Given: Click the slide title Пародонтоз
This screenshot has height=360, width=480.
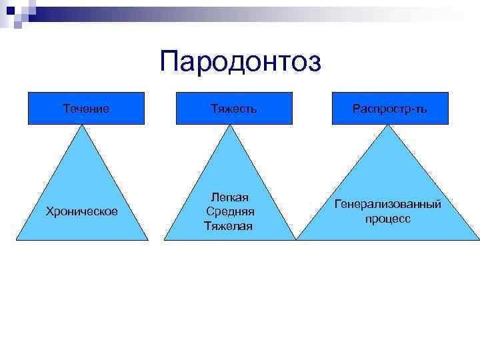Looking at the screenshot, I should (240, 62).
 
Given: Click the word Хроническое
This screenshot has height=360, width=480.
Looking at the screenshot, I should (81, 211).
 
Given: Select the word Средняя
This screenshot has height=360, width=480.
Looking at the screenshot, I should (230, 211).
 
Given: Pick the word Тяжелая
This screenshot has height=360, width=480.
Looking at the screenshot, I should (228, 226).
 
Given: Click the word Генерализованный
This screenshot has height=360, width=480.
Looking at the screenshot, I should (387, 204).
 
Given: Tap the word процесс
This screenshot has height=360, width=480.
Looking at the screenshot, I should (387, 219).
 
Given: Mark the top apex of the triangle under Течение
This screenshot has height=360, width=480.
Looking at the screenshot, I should (83, 126).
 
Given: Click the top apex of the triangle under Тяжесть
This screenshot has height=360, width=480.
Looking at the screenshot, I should (230, 126).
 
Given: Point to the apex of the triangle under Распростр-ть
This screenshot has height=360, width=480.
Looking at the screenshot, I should (387, 126).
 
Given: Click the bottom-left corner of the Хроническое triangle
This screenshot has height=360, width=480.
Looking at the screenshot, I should (17, 239).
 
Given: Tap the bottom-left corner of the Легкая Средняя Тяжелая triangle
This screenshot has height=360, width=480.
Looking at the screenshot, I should (165, 239).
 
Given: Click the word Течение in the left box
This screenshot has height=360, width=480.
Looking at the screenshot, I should (86, 108).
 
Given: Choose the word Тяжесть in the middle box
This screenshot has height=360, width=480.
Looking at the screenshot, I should (234, 108).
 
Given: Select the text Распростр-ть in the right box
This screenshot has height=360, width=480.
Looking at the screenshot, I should (391, 108).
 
